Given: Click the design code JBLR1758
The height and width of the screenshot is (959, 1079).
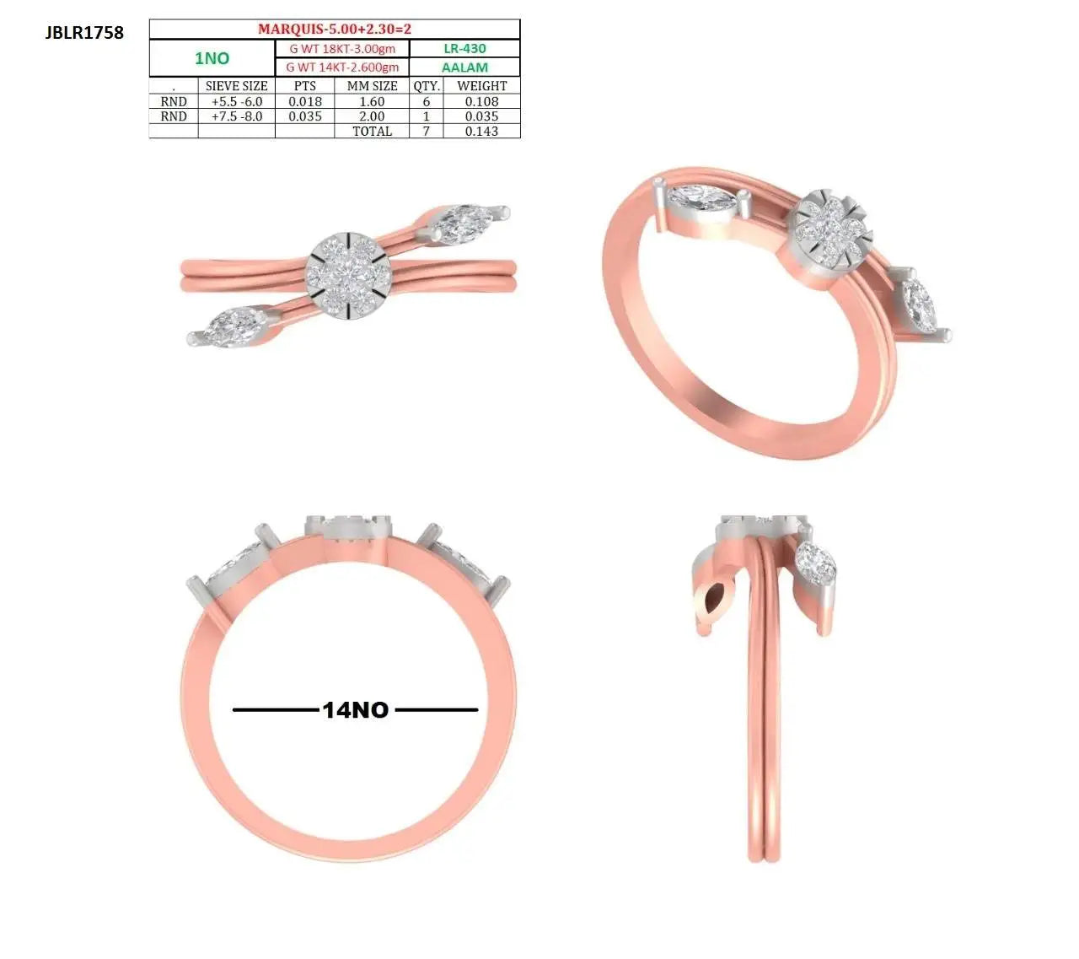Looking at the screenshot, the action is point(84,33).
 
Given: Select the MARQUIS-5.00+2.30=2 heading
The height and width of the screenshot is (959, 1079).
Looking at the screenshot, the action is point(334,29).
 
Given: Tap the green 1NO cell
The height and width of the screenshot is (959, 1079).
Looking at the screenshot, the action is point(212,58).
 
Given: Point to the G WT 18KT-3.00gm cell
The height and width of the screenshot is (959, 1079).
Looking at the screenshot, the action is point(342,49).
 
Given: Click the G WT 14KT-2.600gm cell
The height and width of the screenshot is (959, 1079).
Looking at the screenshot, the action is point(342,67).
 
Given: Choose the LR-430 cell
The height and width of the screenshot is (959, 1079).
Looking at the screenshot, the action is point(464,49).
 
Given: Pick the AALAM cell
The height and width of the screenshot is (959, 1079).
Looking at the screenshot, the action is point(464,67).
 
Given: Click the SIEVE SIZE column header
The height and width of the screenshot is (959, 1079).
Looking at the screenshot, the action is point(237,86).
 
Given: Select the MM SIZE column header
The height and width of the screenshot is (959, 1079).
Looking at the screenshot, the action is point(372,86).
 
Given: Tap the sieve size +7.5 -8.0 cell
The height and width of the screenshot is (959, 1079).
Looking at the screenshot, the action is point(237,116).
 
